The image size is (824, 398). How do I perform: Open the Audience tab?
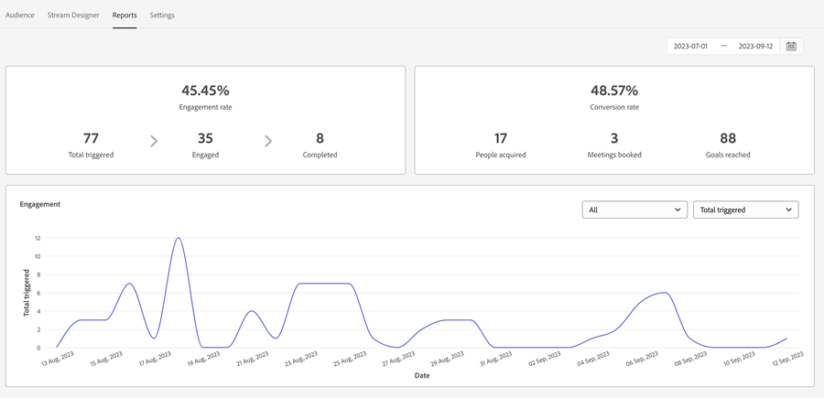(x=20, y=16)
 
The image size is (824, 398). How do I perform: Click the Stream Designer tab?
(x=73, y=16)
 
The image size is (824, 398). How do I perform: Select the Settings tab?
(x=162, y=16)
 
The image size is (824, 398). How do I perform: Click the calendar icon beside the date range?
(x=791, y=46)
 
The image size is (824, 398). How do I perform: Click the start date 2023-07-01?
(x=690, y=46)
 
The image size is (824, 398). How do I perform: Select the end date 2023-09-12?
(x=755, y=46)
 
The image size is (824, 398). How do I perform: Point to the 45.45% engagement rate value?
(x=205, y=91)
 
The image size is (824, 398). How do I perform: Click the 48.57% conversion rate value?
(x=614, y=91)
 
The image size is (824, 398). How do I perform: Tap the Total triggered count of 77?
(x=91, y=138)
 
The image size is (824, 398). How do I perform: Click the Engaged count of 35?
(x=205, y=138)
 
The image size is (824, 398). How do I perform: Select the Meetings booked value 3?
(x=614, y=138)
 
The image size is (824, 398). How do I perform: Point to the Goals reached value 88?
(x=728, y=138)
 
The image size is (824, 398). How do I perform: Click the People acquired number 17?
(x=501, y=138)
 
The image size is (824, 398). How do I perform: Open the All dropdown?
(x=634, y=210)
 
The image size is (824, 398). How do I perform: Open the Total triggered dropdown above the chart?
(x=745, y=210)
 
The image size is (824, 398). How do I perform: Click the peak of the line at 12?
(x=179, y=239)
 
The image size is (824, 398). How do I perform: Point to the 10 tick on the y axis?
(x=38, y=256)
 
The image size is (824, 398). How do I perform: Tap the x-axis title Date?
(x=421, y=375)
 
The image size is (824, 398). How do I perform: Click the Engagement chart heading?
(x=40, y=204)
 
